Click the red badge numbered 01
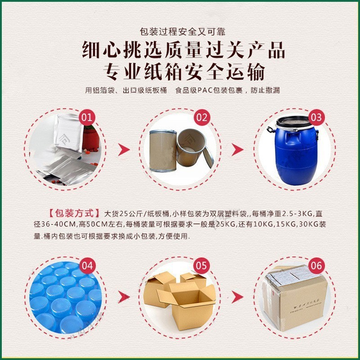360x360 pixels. click(87, 118)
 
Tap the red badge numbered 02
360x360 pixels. click(202, 118)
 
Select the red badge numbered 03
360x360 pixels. click(316, 118)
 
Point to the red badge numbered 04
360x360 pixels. click(87, 265)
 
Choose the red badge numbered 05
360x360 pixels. click(202, 265)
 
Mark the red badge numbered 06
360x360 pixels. click(316, 265)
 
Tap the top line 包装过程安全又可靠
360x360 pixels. click(180, 32)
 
